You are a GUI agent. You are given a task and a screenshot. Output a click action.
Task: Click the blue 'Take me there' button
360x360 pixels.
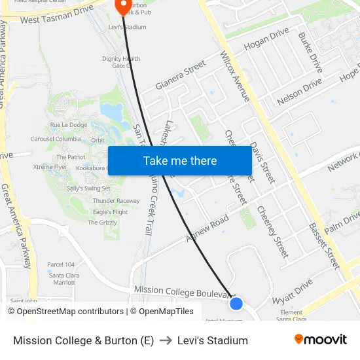[179, 161]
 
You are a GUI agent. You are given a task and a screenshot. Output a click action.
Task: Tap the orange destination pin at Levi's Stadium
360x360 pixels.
[122, 6]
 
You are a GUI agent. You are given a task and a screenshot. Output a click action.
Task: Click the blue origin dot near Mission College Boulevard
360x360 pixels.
[236, 304]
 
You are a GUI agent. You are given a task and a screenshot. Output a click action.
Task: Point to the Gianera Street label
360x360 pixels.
[181, 75]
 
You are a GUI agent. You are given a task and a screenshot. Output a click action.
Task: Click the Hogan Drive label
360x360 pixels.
[266, 39]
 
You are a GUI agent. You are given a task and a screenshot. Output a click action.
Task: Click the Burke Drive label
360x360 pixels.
[310, 53]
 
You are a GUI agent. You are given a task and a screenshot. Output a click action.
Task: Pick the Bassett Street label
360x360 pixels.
[325, 245]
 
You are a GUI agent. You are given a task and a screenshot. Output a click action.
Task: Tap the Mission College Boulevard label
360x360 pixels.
[183, 291]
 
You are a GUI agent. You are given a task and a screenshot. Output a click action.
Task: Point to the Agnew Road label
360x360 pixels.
[207, 228]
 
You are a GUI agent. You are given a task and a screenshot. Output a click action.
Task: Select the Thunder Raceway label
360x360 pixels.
[116, 201]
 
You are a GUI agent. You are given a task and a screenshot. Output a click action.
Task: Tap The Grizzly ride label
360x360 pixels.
[102, 223]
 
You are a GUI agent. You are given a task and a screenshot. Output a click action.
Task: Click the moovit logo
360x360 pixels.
[320, 340]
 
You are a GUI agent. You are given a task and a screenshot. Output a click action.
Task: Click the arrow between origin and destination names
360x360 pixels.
[166, 340]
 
